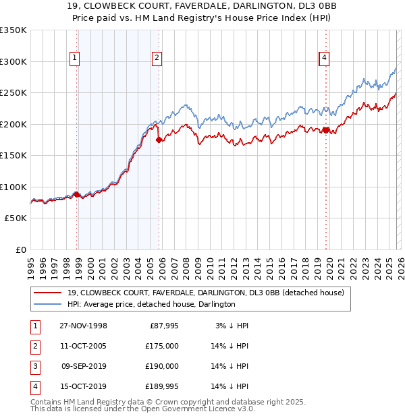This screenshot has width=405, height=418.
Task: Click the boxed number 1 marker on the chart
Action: click(74, 59)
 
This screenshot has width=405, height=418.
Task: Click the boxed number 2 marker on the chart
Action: click(157, 59)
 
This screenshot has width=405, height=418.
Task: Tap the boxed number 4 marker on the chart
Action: click(325, 59)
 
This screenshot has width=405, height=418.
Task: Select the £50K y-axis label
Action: click(16, 218)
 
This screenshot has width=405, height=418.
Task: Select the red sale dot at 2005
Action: click(159, 140)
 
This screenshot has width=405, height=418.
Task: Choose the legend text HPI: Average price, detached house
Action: click(151, 304)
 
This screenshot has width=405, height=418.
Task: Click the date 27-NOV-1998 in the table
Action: click(83, 326)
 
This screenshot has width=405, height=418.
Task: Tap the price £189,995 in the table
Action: click(160, 386)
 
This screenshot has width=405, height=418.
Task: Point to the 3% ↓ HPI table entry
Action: click(232, 326)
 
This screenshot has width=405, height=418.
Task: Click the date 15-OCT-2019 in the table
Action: click(83, 386)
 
